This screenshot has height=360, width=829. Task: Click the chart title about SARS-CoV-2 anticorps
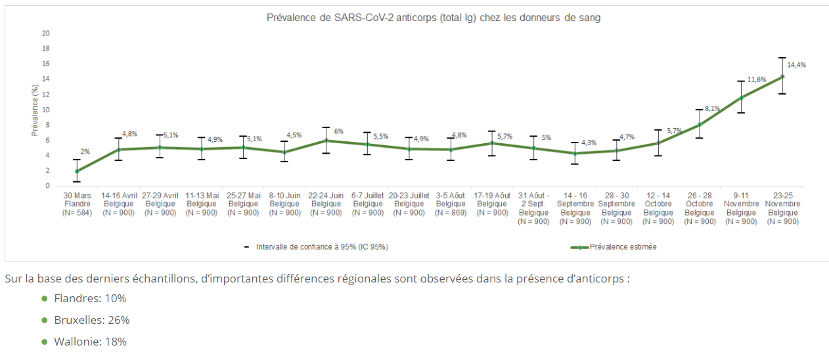[x=434, y=18]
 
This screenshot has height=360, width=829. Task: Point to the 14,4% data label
[x=796, y=65]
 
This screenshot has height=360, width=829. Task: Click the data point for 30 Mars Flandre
[x=77, y=171]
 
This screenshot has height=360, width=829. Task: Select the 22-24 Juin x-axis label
[x=326, y=204]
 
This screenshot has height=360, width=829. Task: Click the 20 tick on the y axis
[x=46, y=33]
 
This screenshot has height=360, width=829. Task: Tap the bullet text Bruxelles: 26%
[x=101, y=320]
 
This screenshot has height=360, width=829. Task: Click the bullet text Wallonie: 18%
[x=99, y=342]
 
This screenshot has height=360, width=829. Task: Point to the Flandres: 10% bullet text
[x=99, y=298]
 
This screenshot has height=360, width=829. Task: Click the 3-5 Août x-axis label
[x=450, y=204]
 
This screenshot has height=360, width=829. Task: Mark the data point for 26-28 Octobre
[x=700, y=124]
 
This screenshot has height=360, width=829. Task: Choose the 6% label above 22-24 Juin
[x=339, y=131]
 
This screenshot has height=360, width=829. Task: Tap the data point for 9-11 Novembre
[x=741, y=98]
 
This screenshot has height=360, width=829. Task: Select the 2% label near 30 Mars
[x=85, y=152]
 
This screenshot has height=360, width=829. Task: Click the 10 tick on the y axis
[x=46, y=110]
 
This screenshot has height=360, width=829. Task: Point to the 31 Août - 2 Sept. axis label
[x=533, y=208]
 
